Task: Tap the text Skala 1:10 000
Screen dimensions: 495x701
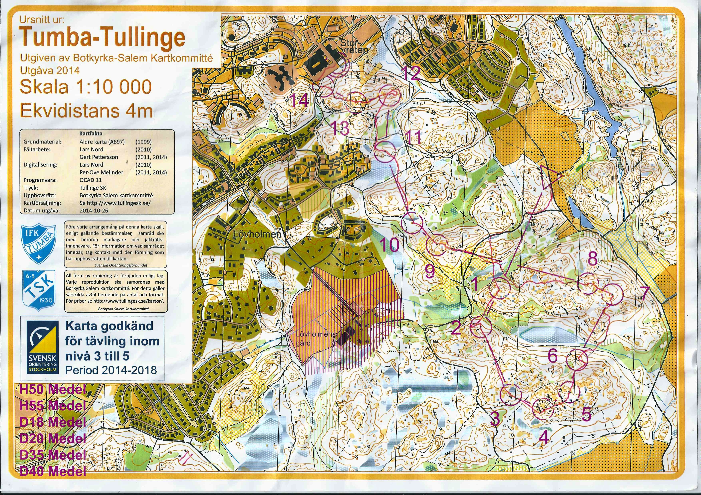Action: point(86,87)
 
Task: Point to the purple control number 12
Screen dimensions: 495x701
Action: point(411,73)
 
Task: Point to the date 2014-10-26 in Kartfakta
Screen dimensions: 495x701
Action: point(94,210)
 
